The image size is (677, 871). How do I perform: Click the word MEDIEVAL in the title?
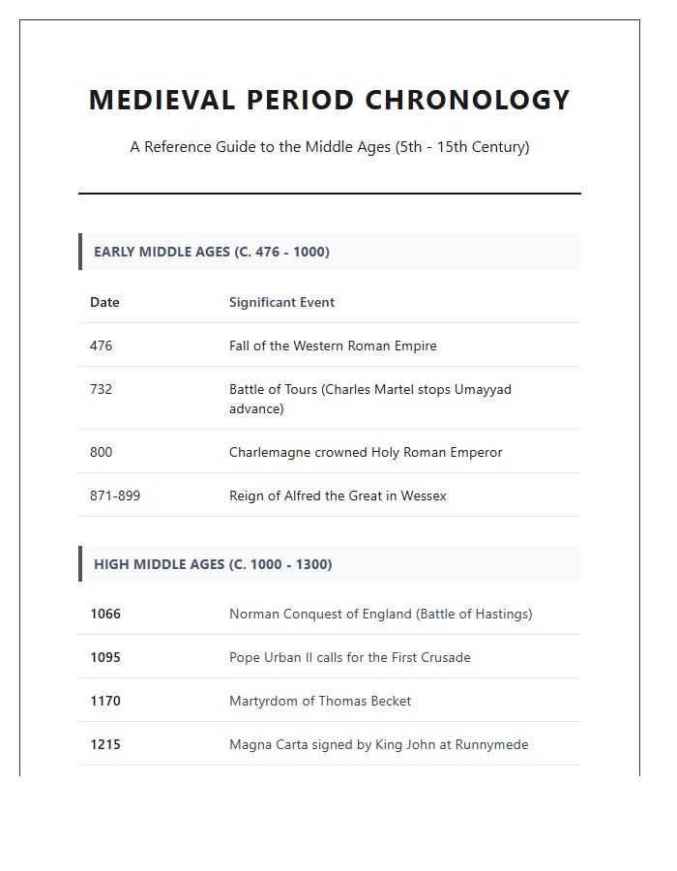pos(161,100)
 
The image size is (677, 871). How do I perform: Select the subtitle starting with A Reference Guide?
pos(330,147)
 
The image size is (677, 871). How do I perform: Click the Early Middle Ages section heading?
pos(211,252)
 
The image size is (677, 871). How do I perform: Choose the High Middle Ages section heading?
pos(212,564)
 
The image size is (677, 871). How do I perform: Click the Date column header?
pos(104,302)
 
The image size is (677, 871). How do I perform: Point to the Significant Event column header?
pos(281,302)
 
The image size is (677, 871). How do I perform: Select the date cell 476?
pos(101,345)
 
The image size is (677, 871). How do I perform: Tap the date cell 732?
pos(101,389)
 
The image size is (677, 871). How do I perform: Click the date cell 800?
pos(101,452)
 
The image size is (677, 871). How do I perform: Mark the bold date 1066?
pos(105,614)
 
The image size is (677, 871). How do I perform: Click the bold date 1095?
pos(105,657)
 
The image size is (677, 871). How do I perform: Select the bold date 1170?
pos(105,701)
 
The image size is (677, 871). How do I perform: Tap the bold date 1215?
pos(105,744)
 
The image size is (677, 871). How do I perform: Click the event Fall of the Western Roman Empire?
pos(333,345)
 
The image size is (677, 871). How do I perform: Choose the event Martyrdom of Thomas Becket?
pos(320,701)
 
